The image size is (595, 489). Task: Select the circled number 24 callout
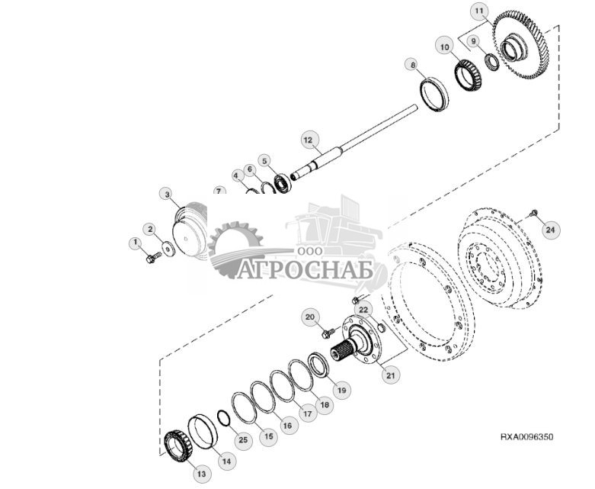[552, 228]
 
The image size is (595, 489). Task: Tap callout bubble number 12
[307, 140]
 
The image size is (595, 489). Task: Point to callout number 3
[168, 195]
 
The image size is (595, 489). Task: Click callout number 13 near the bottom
[201, 474]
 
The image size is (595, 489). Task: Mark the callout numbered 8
[412, 66]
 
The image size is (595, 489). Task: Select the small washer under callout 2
[168, 246]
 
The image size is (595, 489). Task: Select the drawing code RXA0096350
[527, 437]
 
